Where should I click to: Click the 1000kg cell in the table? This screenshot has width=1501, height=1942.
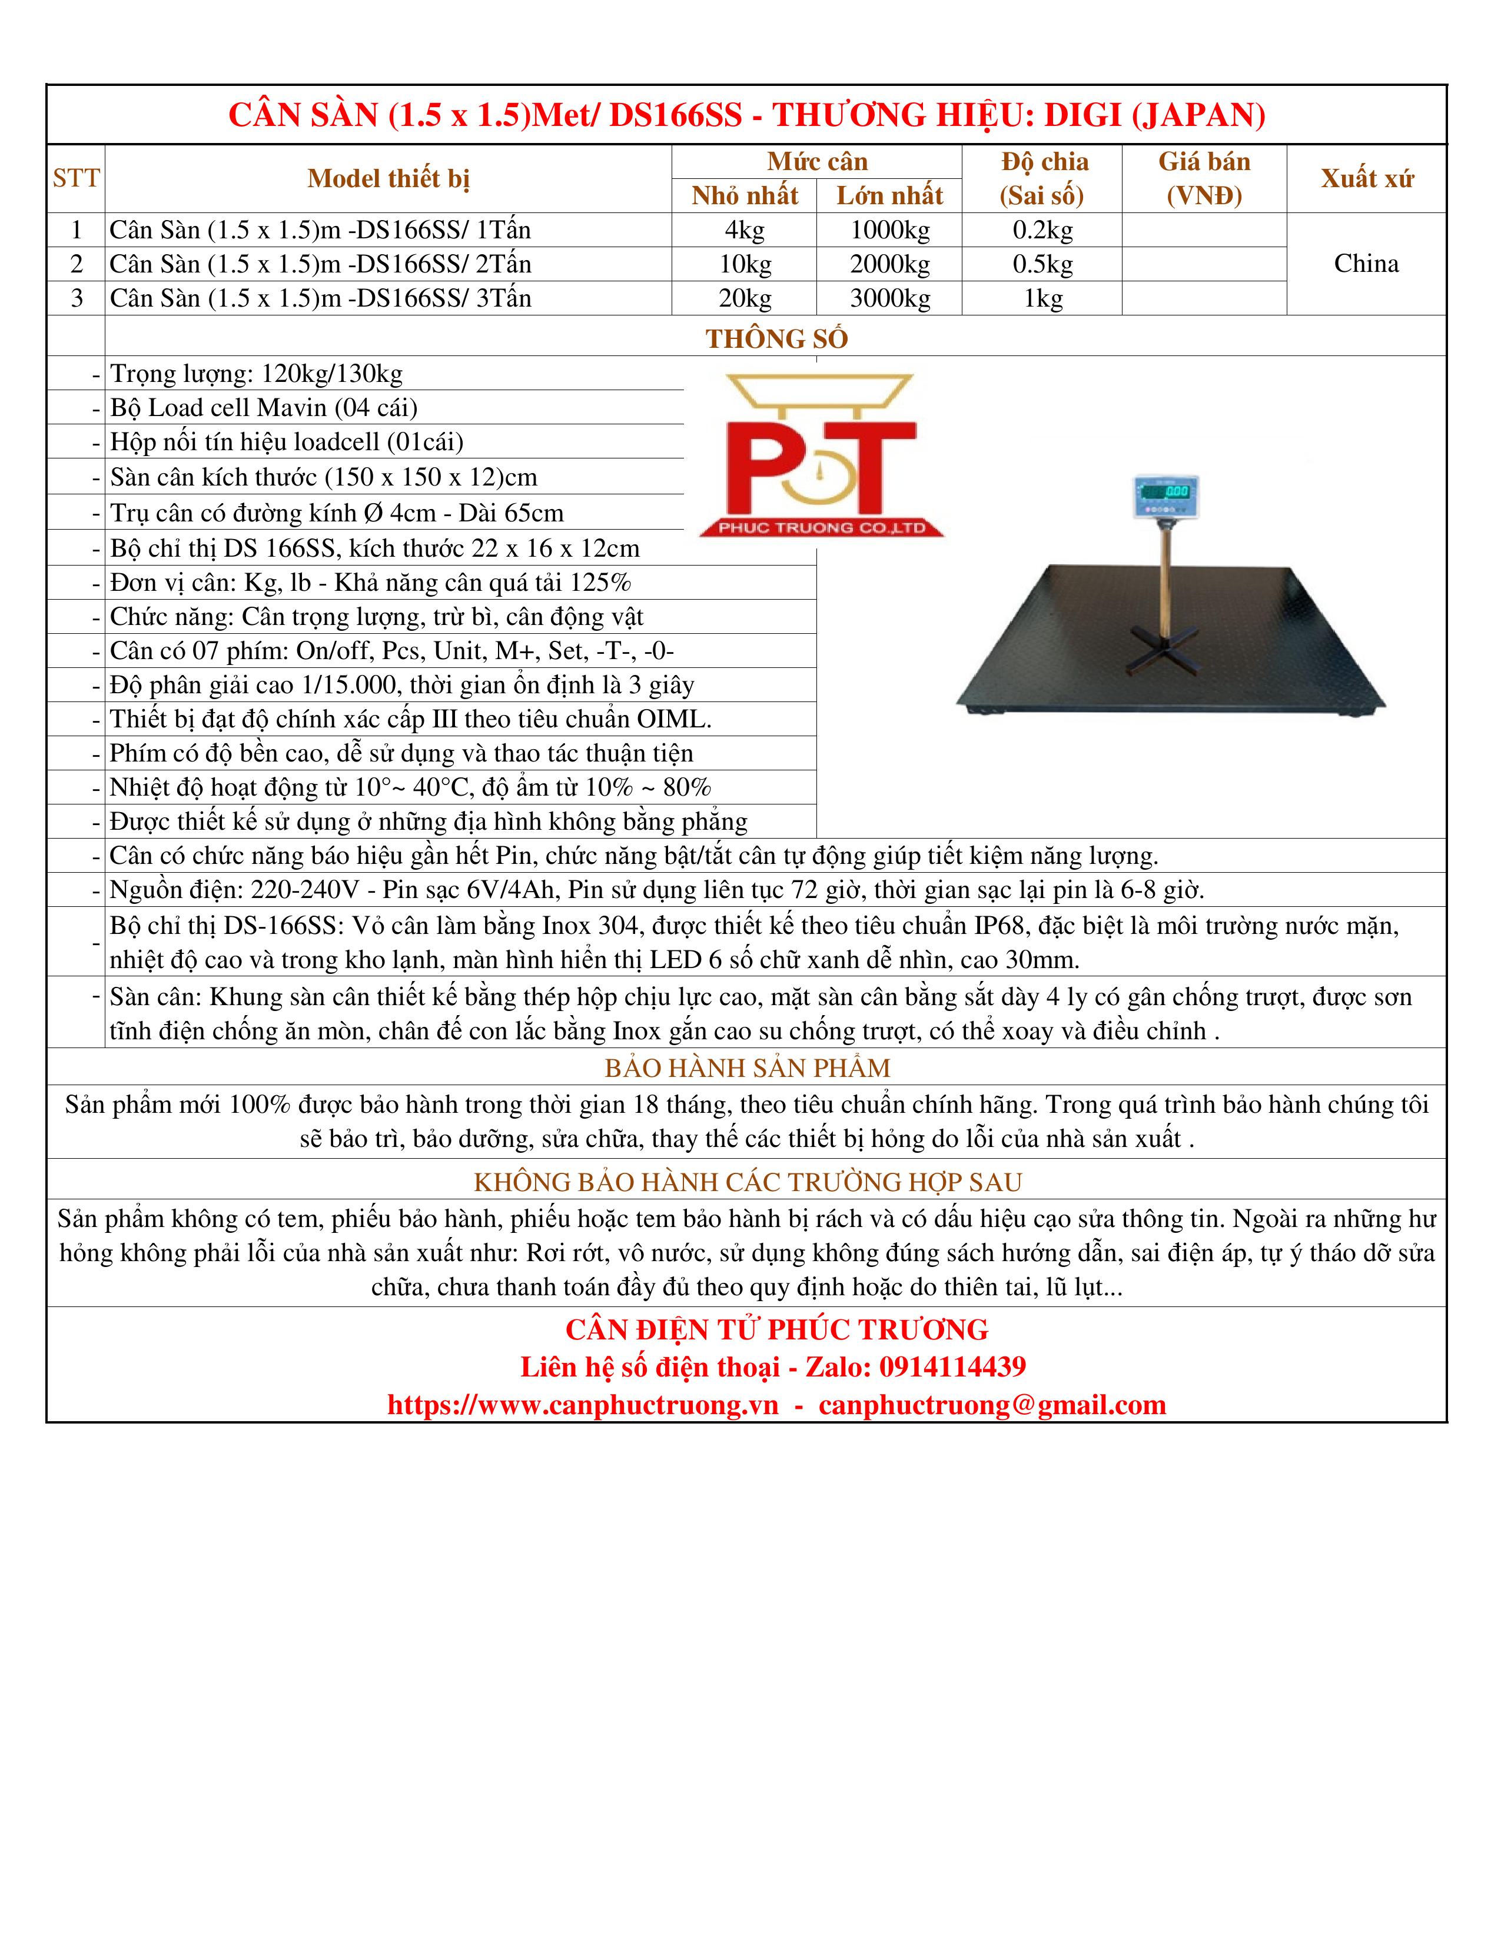pyautogui.click(x=889, y=230)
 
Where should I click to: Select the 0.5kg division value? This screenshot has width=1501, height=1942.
pyautogui.click(x=1042, y=264)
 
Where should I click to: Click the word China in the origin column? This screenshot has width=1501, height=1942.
pyautogui.click(x=1366, y=263)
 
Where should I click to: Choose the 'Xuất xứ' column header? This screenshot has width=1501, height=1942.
pyautogui.click(x=1366, y=179)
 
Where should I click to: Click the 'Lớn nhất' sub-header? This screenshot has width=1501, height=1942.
pyautogui.click(x=889, y=195)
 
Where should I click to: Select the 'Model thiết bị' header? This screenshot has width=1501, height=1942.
pyautogui.click(x=388, y=179)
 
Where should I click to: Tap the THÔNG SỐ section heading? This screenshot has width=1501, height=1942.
pyautogui.click(x=776, y=339)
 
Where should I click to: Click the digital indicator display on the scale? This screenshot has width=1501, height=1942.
pyautogui.click(x=1165, y=493)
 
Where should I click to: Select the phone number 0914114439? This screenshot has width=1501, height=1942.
pyautogui.click(x=952, y=1366)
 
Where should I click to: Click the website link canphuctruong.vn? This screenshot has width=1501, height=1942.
pyautogui.click(x=582, y=1405)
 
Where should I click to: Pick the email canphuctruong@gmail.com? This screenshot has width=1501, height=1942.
pyautogui.click(x=991, y=1405)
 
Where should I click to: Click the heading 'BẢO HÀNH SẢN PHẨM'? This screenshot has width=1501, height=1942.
pyautogui.click(x=747, y=1068)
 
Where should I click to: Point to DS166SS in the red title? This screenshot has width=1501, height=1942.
pyautogui.click(x=675, y=115)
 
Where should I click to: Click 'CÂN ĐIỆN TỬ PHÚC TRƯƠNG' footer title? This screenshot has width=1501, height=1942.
pyautogui.click(x=776, y=1329)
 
